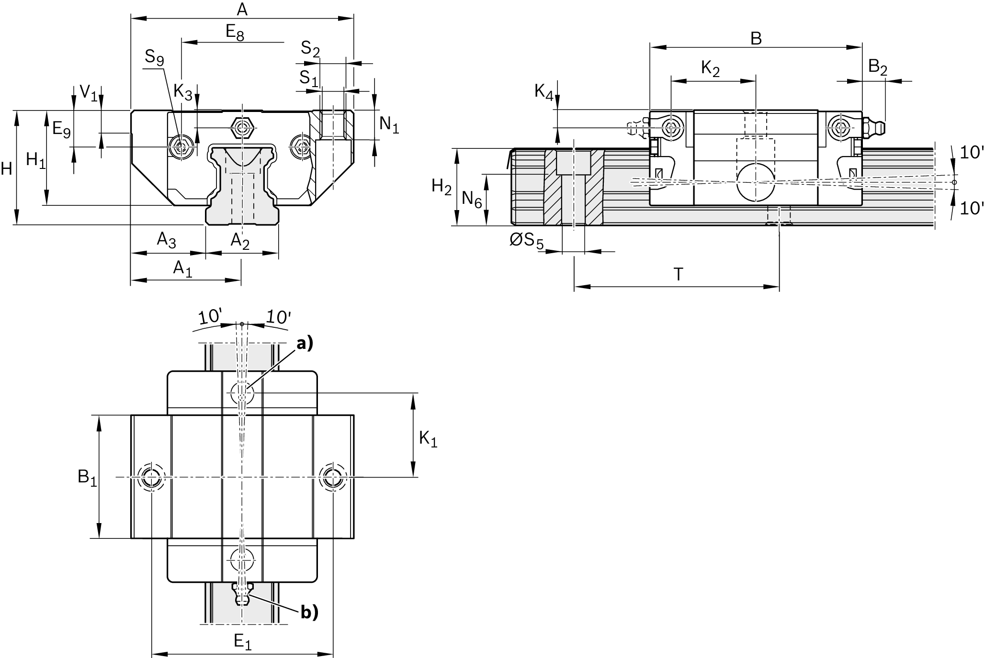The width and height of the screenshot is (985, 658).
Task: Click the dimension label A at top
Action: [242, 9]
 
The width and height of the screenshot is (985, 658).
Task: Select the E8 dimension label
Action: [235, 33]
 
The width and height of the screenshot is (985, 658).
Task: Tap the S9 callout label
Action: [154, 58]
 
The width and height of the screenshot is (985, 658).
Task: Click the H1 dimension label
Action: [36, 160]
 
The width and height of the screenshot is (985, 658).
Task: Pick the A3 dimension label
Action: [166, 240]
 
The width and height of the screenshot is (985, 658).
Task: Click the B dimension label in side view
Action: [756, 38]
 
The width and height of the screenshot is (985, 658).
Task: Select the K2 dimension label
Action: [710, 69]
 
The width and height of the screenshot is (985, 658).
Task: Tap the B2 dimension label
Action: [877, 67]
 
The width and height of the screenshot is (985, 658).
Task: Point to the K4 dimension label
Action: [544, 91]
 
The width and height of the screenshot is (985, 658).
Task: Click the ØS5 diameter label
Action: [526, 241]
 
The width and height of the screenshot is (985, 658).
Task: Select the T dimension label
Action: [678, 274]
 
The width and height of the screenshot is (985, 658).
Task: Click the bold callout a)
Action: [305, 343]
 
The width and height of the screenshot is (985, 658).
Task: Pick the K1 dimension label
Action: [428, 438]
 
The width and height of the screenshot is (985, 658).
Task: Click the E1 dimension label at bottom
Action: [242, 642]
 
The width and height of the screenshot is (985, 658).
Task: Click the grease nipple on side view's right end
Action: [875, 128]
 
